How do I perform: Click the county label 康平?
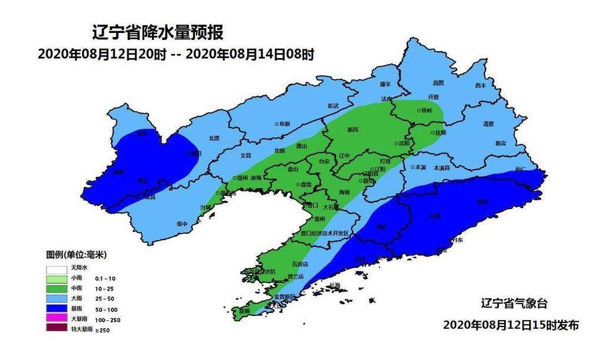[385, 85]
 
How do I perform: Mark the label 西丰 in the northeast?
[481, 86]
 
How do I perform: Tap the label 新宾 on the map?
[501, 143]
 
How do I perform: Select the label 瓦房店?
[300, 264]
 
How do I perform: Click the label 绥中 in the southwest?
[182, 224]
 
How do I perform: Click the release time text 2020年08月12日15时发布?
[511, 325]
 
